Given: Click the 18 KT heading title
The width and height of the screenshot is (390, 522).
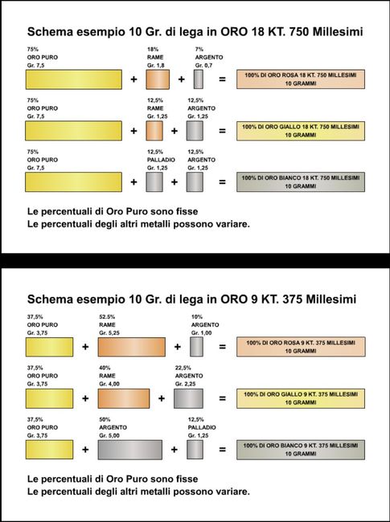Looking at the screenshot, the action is coord(195,32).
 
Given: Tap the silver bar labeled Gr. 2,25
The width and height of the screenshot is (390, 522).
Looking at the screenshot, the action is coord(195,398).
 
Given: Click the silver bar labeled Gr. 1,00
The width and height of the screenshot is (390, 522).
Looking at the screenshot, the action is coord(197,347).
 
